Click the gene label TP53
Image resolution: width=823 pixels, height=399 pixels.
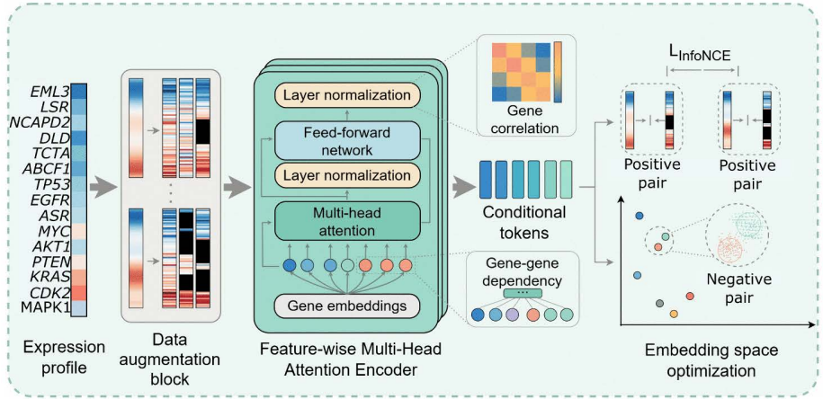51,183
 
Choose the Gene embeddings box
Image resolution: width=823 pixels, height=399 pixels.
347,306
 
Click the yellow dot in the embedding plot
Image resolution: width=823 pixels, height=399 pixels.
674,314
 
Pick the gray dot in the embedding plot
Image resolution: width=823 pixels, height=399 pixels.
660,303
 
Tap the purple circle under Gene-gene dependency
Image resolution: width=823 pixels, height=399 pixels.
514,315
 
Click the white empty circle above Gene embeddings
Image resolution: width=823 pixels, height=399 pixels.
346,266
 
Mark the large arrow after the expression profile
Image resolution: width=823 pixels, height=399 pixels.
104,189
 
